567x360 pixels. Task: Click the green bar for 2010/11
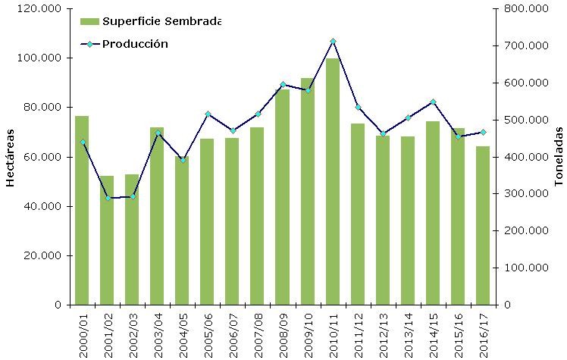tap(333, 182)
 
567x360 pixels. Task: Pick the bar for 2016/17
tap(483, 226)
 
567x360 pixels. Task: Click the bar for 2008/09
tap(283, 197)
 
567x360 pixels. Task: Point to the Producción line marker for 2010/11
tap(333, 41)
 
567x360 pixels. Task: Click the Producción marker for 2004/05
tap(183, 160)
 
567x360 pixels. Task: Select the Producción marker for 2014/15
tap(433, 102)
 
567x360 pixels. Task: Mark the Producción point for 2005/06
tap(208, 114)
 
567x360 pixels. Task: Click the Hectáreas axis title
tap(11, 158)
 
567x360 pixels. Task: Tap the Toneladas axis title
tap(557, 158)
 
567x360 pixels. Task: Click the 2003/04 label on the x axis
tap(157, 332)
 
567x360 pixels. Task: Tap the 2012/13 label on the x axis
tap(383, 332)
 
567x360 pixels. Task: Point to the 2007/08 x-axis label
tap(258, 332)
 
